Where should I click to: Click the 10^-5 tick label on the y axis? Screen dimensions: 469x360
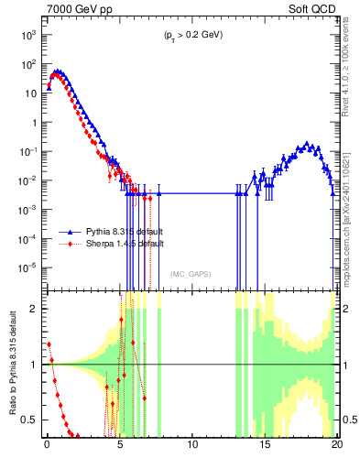(x=27, y=267)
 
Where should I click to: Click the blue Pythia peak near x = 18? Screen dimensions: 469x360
(x=308, y=144)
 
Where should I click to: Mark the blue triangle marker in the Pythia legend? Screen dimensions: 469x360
(x=70, y=234)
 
